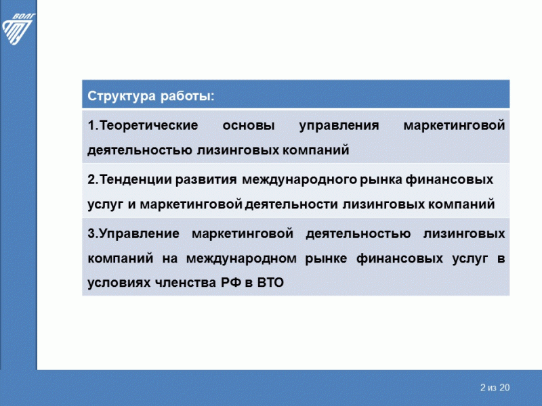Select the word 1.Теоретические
click(x=142, y=126)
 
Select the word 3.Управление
click(x=133, y=234)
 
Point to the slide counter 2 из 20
click(x=494, y=388)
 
